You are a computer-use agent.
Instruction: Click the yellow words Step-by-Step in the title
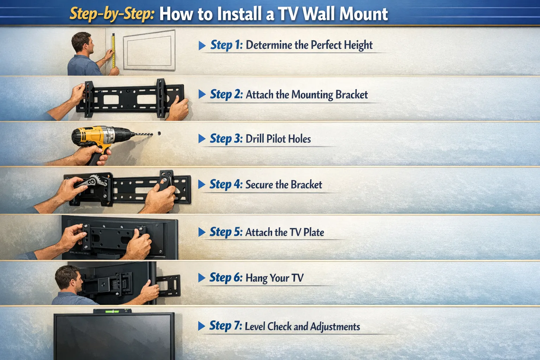(112, 14)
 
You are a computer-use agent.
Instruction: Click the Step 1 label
(226, 45)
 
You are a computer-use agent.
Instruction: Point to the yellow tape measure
(113, 51)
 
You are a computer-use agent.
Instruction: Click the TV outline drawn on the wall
(149, 50)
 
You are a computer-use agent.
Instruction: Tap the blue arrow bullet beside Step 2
(202, 94)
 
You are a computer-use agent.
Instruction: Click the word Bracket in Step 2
(351, 95)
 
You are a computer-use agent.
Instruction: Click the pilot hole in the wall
(159, 134)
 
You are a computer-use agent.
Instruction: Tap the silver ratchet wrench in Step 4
(93, 181)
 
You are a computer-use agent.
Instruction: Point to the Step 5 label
(226, 232)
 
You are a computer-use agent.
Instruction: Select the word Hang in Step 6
(256, 278)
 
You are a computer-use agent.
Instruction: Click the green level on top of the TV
(112, 311)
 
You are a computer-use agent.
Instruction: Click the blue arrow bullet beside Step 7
(202, 326)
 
